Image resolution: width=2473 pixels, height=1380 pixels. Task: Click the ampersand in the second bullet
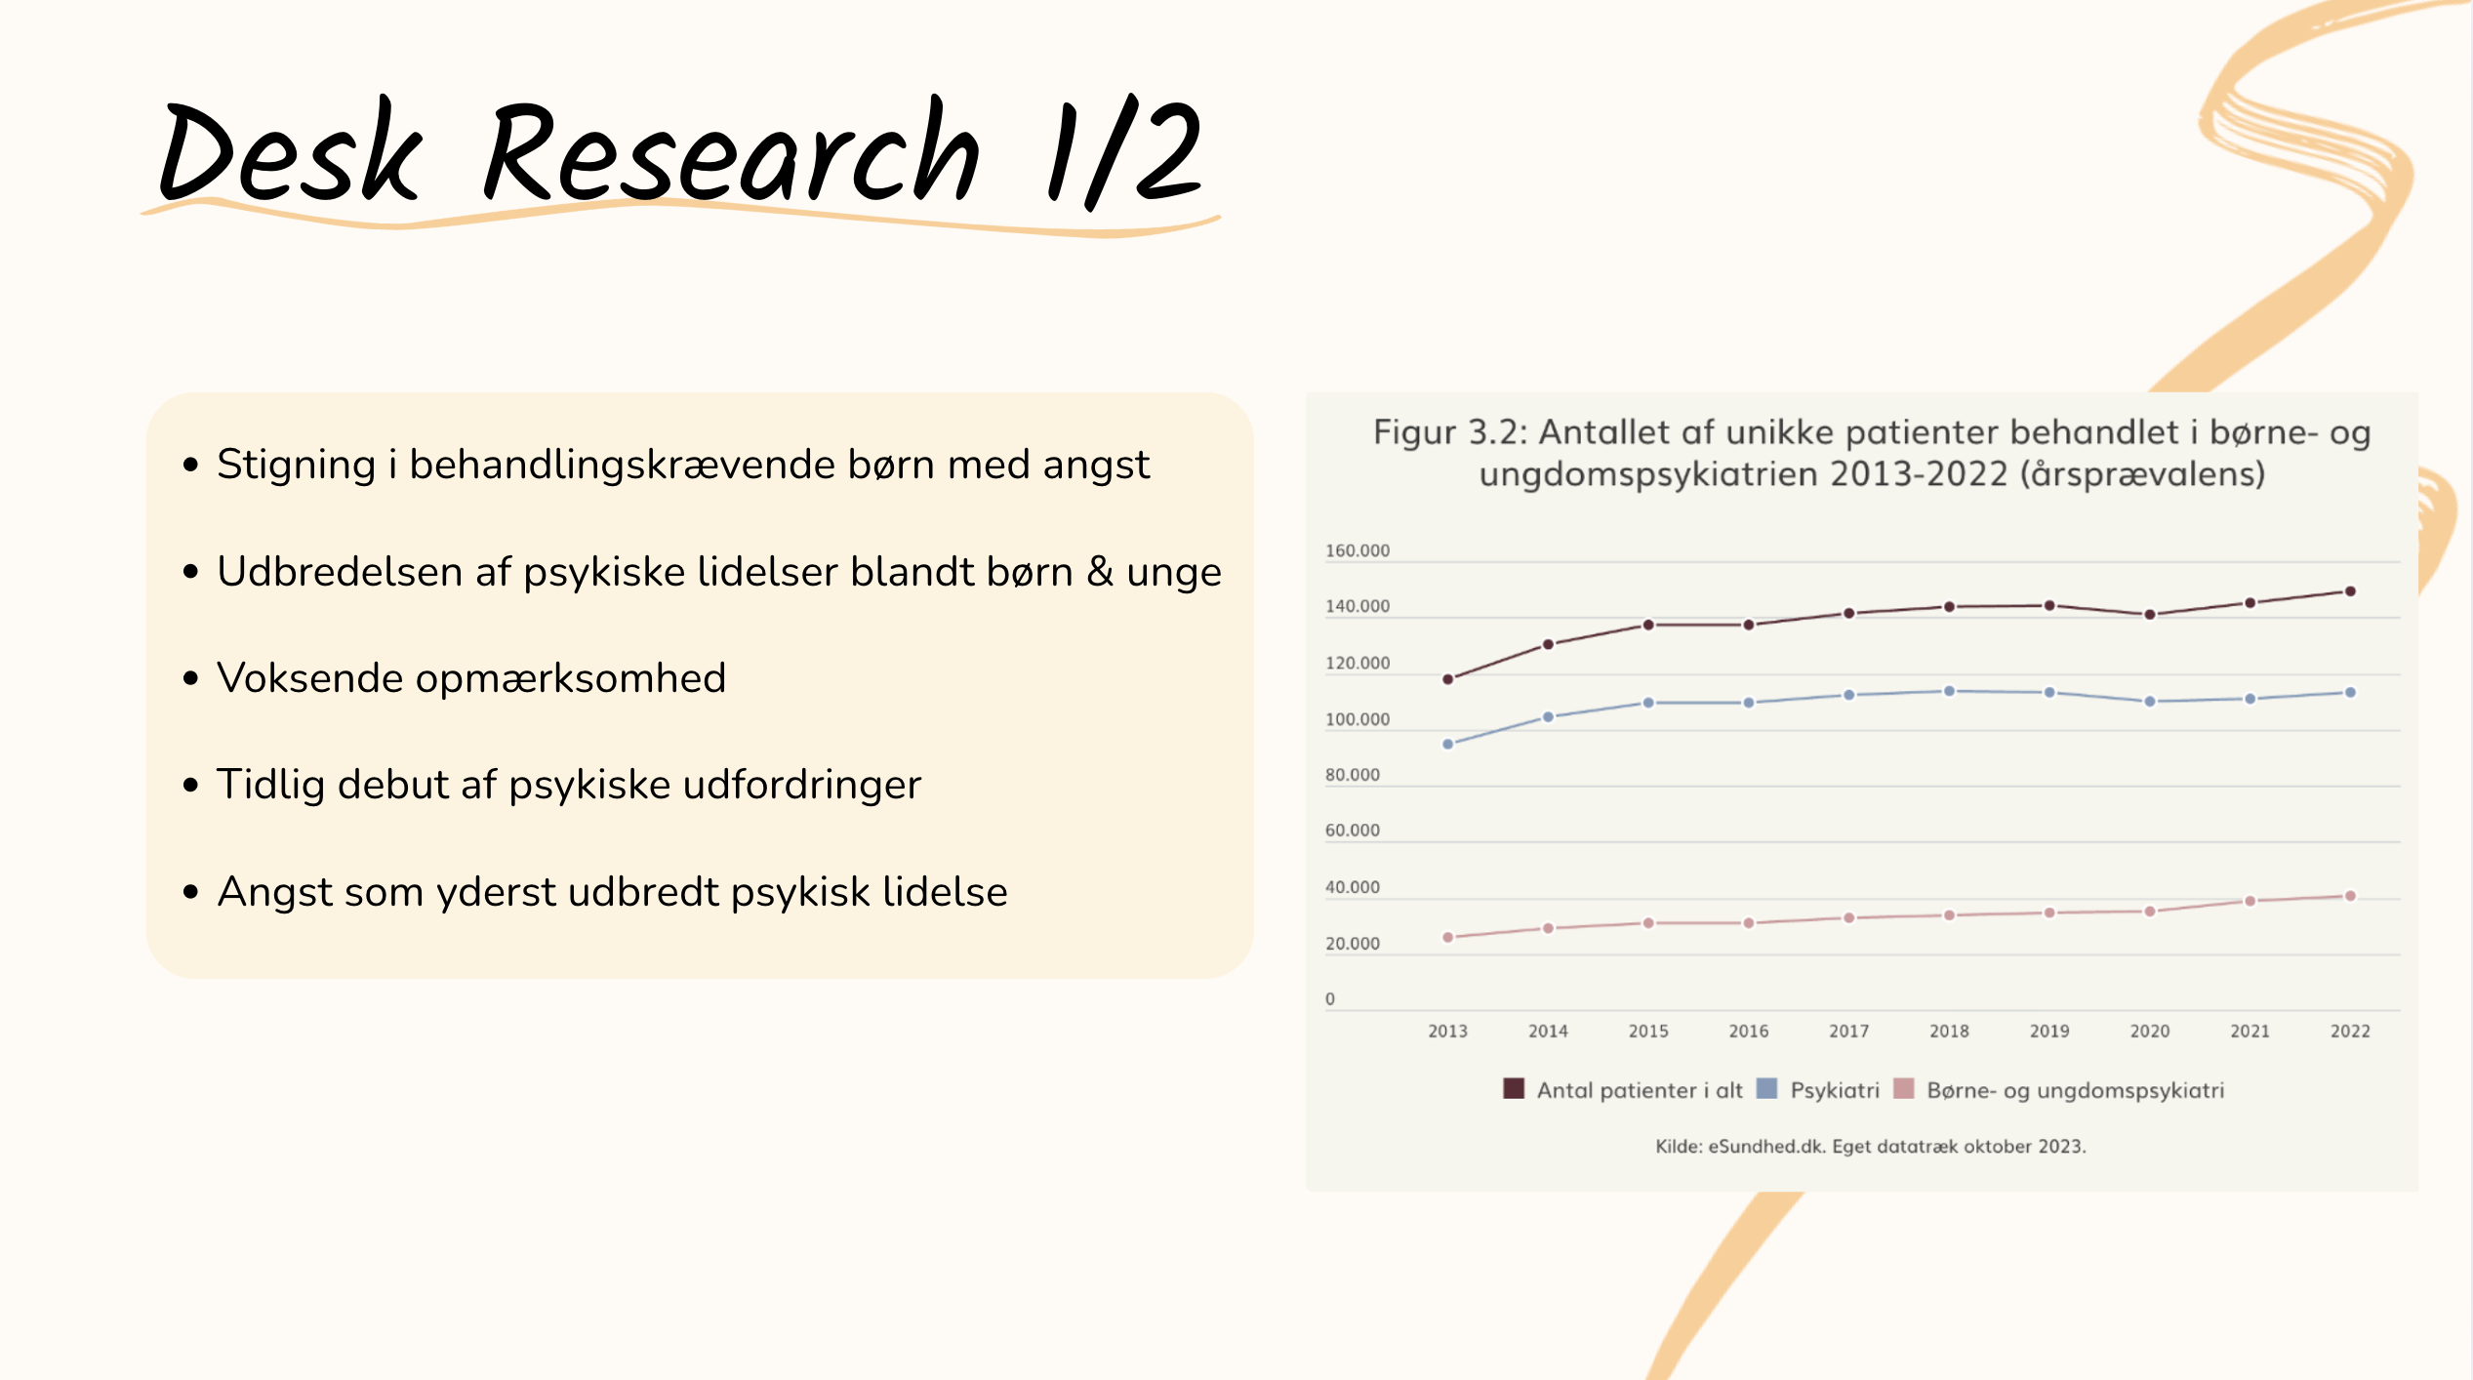pyautogui.click(x=1100, y=571)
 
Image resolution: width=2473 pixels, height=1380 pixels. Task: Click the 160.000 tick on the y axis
pyautogui.click(x=1358, y=550)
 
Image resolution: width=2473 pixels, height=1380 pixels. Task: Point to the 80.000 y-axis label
pyautogui.click(x=1353, y=775)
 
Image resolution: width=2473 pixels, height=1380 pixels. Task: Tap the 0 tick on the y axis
pyautogui.click(x=1330, y=998)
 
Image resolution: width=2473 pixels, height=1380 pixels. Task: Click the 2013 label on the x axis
pyautogui.click(x=1447, y=1031)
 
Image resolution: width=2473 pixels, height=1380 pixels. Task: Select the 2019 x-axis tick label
pyautogui.click(x=2049, y=1031)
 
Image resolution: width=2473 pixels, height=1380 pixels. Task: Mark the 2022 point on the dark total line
pyautogui.click(x=2350, y=591)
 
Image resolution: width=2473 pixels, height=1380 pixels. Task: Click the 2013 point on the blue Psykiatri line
pyautogui.click(x=1448, y=744)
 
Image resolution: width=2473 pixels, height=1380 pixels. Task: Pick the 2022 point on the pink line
pyautogui.click(x=2350, y=896)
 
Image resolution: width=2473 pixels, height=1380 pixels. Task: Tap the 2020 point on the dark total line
pyautogui.click(x=2150, y=615)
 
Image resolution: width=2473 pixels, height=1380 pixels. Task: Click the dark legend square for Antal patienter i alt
pyautogui.click(x=1514, y=1088)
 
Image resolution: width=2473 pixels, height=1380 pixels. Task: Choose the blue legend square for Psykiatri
pyautogui.click(x=1766, y=1088)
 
